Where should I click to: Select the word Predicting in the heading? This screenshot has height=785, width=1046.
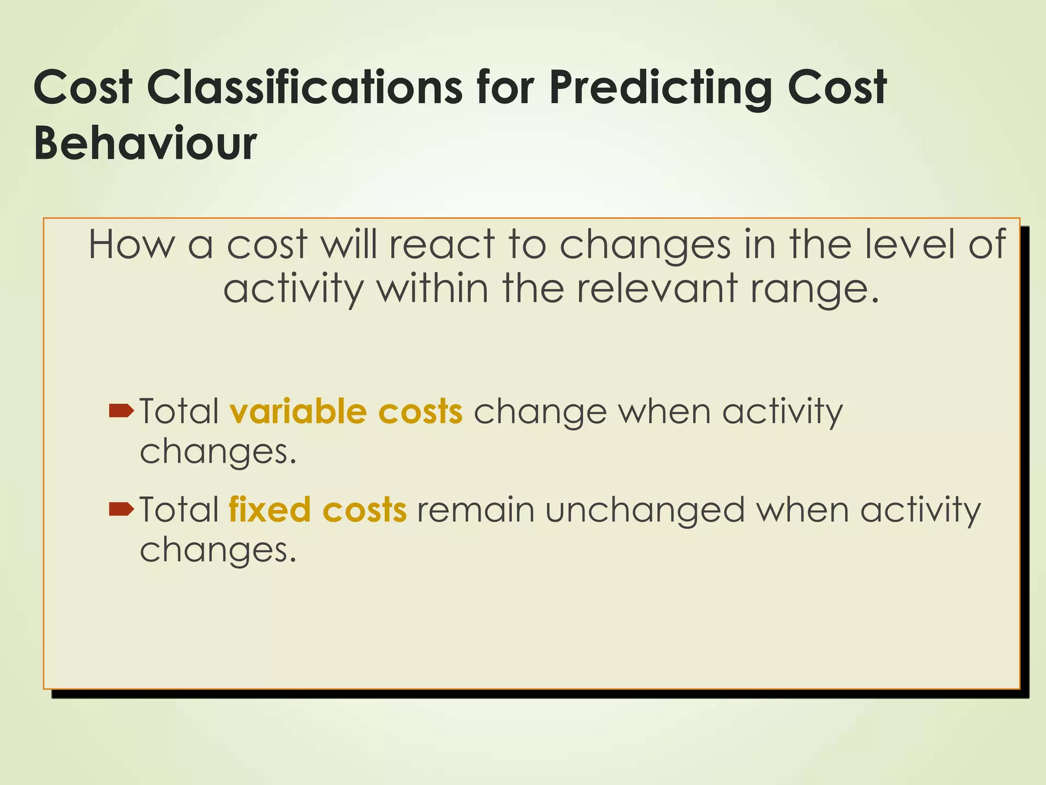coord(660,88)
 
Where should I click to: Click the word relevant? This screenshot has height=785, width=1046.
coord(658,288)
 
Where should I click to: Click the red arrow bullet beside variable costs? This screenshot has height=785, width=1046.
coord(122,410)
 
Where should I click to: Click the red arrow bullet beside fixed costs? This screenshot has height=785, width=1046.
coord(122,509)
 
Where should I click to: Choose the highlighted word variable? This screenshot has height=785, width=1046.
coord(298,411)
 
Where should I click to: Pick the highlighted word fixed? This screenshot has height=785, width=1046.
coord(270,510)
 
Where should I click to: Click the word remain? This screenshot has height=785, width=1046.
coord(476,510)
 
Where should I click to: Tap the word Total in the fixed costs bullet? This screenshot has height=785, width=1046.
coord(179,510)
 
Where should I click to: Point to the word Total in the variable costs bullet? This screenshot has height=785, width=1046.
coord(179,411)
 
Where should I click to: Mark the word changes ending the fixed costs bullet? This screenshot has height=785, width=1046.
coord(217,551)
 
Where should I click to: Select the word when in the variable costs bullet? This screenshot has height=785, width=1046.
coord(664,411)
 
